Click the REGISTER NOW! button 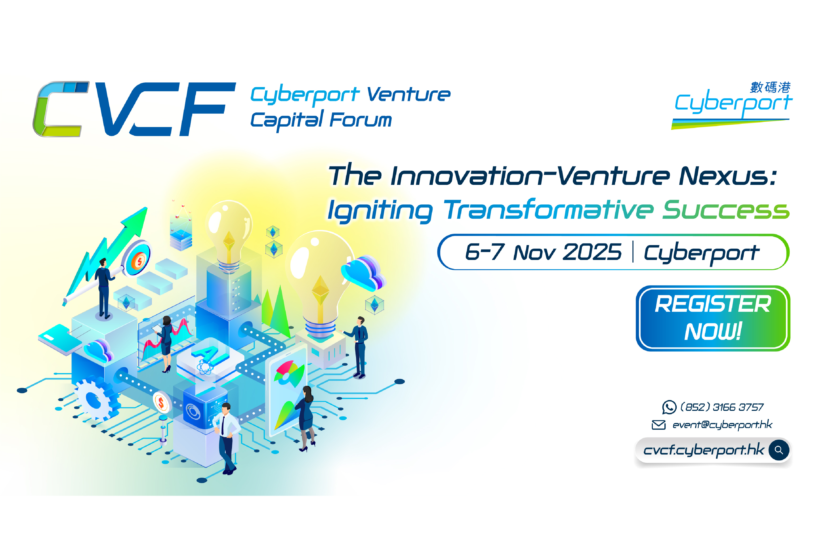[x=712, y=318]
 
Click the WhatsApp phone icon [x=669, y=407]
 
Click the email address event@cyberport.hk [x=722, y=425]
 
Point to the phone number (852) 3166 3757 [x=722, y=407]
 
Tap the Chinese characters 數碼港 [x=770, y=87]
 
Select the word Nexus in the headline [x=727, y=176]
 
